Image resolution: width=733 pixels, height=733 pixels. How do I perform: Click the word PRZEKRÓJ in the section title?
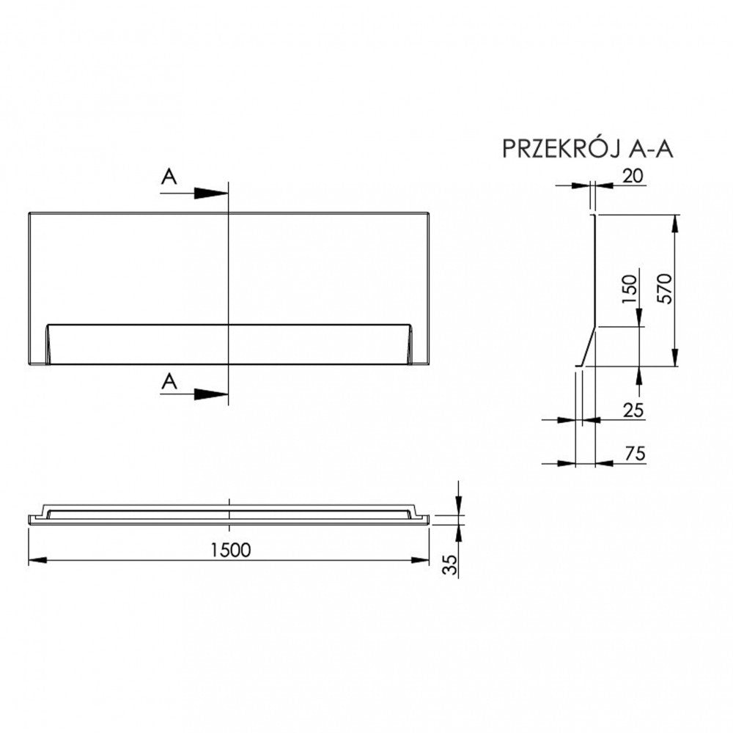(x=562, y=149)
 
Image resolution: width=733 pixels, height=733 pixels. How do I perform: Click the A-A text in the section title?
(x=651, y=149)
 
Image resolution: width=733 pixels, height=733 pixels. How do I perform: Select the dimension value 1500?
(x=230, y=550)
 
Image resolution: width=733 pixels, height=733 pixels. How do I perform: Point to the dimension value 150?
(x=629, y=288)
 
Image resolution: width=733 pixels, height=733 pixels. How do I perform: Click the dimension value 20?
(x=633, y=176)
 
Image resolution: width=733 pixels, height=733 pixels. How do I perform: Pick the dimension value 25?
(x=633, y=410)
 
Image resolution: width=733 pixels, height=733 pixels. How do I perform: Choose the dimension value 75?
(x=635, y=453)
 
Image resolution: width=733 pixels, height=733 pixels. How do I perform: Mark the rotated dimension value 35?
(x=450, y=564)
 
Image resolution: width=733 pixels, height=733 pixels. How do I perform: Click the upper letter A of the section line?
(x=169, y=177)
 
